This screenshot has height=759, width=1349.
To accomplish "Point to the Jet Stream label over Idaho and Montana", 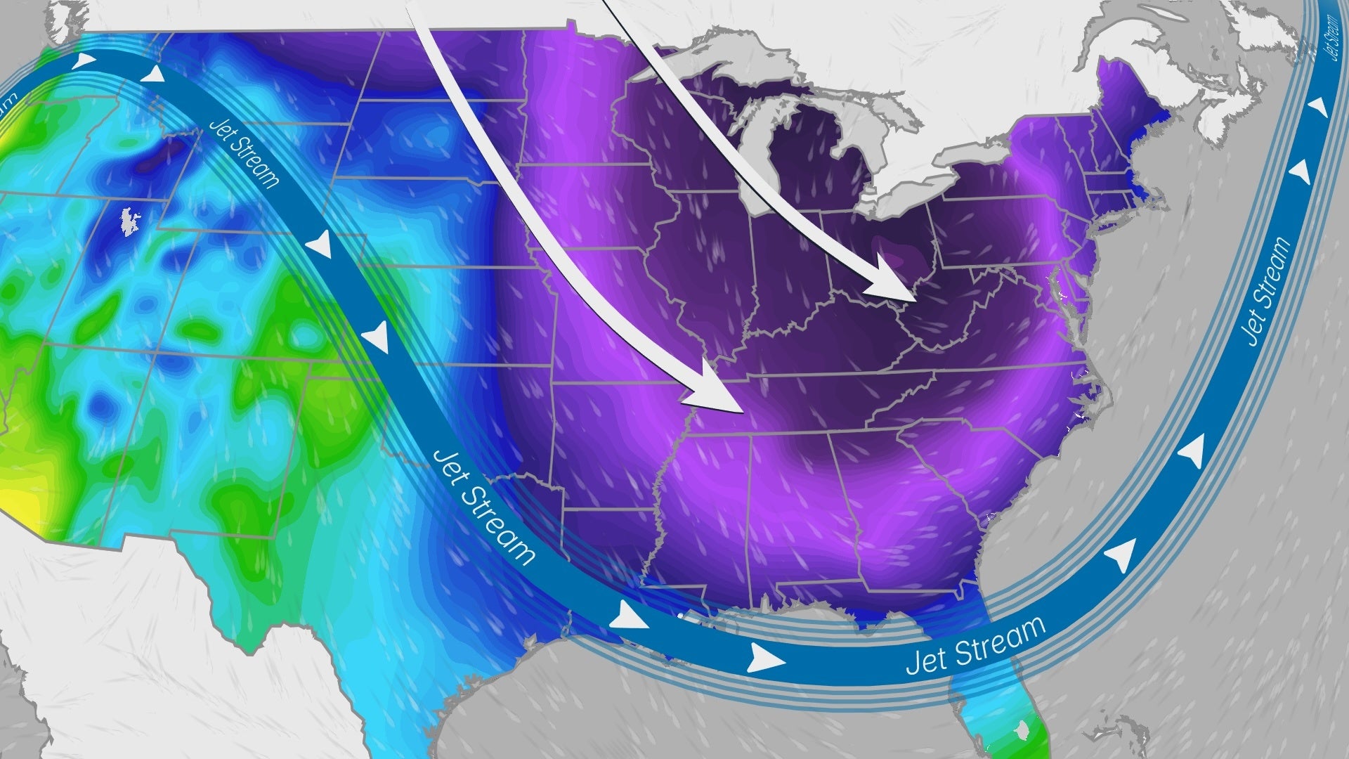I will tap(245, 153).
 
